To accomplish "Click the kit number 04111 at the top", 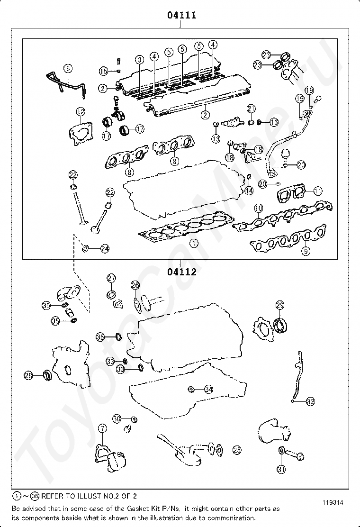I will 181,15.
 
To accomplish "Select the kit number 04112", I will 181,272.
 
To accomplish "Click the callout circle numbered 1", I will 193,243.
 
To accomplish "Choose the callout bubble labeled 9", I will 306,251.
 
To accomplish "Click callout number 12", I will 81,112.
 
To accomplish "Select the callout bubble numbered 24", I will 105,248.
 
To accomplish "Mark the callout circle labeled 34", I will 208,389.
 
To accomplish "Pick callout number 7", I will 103,429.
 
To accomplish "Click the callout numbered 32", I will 310,402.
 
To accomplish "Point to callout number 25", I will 236,449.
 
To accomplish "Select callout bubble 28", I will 29,375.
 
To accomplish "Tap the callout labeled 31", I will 281,469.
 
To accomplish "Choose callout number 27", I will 111,278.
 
